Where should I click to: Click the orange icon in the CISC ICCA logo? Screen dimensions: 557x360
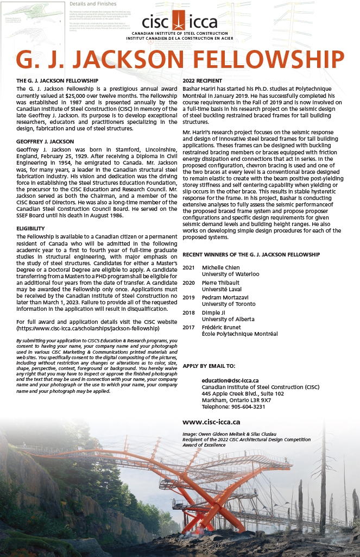[x=178, y=22]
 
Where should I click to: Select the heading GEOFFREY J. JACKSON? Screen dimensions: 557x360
[x=45, y=141]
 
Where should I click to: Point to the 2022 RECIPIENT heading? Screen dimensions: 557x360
[x=203, y=80]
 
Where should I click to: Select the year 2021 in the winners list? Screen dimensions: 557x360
[x=188, y=267]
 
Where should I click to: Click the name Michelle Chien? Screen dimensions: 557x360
[x=220, y=267]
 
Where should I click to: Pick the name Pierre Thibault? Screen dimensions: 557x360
[x=221, y=283]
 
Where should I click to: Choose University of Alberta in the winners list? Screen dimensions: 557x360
[x=229, y=319]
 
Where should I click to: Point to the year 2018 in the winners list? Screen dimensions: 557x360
[x=188, y=312]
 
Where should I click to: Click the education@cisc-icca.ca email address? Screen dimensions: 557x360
[x=230, y=380]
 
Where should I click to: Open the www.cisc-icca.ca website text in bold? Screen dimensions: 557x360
[x=211, y=422]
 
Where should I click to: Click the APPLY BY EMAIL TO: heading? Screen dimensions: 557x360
[x=209, y=366]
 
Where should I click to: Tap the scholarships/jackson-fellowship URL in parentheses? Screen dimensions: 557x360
[x=88, y=328]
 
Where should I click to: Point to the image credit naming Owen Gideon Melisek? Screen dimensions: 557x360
[x=224, y=434]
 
